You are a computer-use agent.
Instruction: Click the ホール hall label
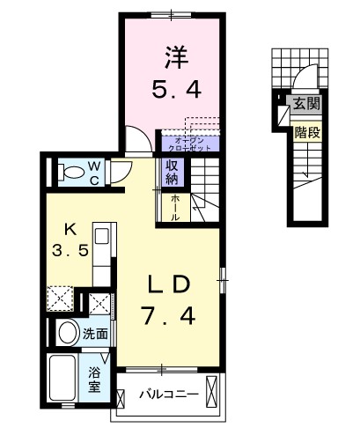[x=175, y=206]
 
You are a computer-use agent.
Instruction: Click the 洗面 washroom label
[x=95, y=334]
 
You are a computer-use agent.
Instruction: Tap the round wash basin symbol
[x=66, y=334]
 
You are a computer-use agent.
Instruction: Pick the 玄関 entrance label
[x=307, y=105]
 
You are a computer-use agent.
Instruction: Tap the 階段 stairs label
[x=306, y=134]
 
